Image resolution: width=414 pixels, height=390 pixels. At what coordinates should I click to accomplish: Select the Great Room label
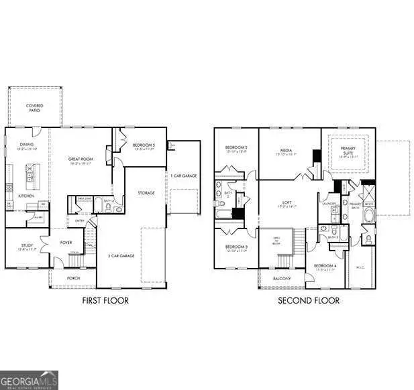[x=80, y=159]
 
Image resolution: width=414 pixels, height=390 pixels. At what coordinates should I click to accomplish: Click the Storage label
[x=146, y=192]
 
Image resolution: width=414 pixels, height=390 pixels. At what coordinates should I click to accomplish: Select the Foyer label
[x=66, y=243]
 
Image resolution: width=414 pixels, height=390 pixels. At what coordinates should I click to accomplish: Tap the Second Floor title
[x=309, y=301]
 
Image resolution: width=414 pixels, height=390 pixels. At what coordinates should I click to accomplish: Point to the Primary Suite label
[x=349, y=151]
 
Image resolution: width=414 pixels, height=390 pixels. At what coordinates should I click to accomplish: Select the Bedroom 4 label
[x=325, y=266]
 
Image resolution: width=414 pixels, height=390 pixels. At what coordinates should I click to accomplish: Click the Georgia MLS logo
[x=30, y=379]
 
